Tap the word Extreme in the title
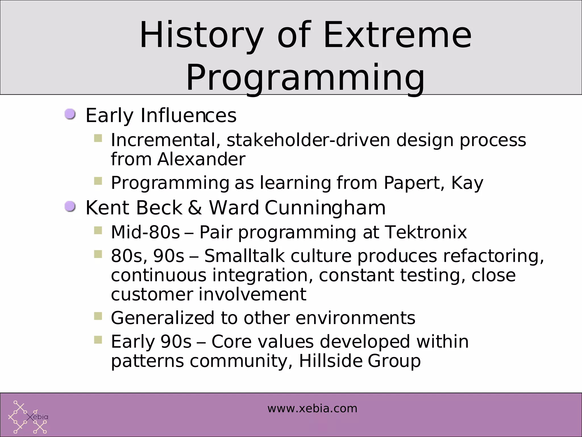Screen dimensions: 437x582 tap(397, 36)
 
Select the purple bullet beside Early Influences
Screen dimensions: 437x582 tap(70, 114)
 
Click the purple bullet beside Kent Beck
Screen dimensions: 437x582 tap(70, 207)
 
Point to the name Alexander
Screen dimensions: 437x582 tap(201, 159)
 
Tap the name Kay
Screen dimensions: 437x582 tap(467, 183)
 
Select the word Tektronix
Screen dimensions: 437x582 tap(426, 232)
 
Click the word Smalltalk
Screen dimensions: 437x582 tap(244, 256)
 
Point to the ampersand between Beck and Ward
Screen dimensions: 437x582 tap(195, 208)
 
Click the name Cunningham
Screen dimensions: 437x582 tap(325, 208)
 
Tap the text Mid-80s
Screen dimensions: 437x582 tap(145, 232)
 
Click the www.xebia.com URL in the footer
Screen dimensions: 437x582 tap(312, 409)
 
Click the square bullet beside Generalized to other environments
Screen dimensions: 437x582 tap(98, 316)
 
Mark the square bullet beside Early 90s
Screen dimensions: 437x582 tap(98, 339)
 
